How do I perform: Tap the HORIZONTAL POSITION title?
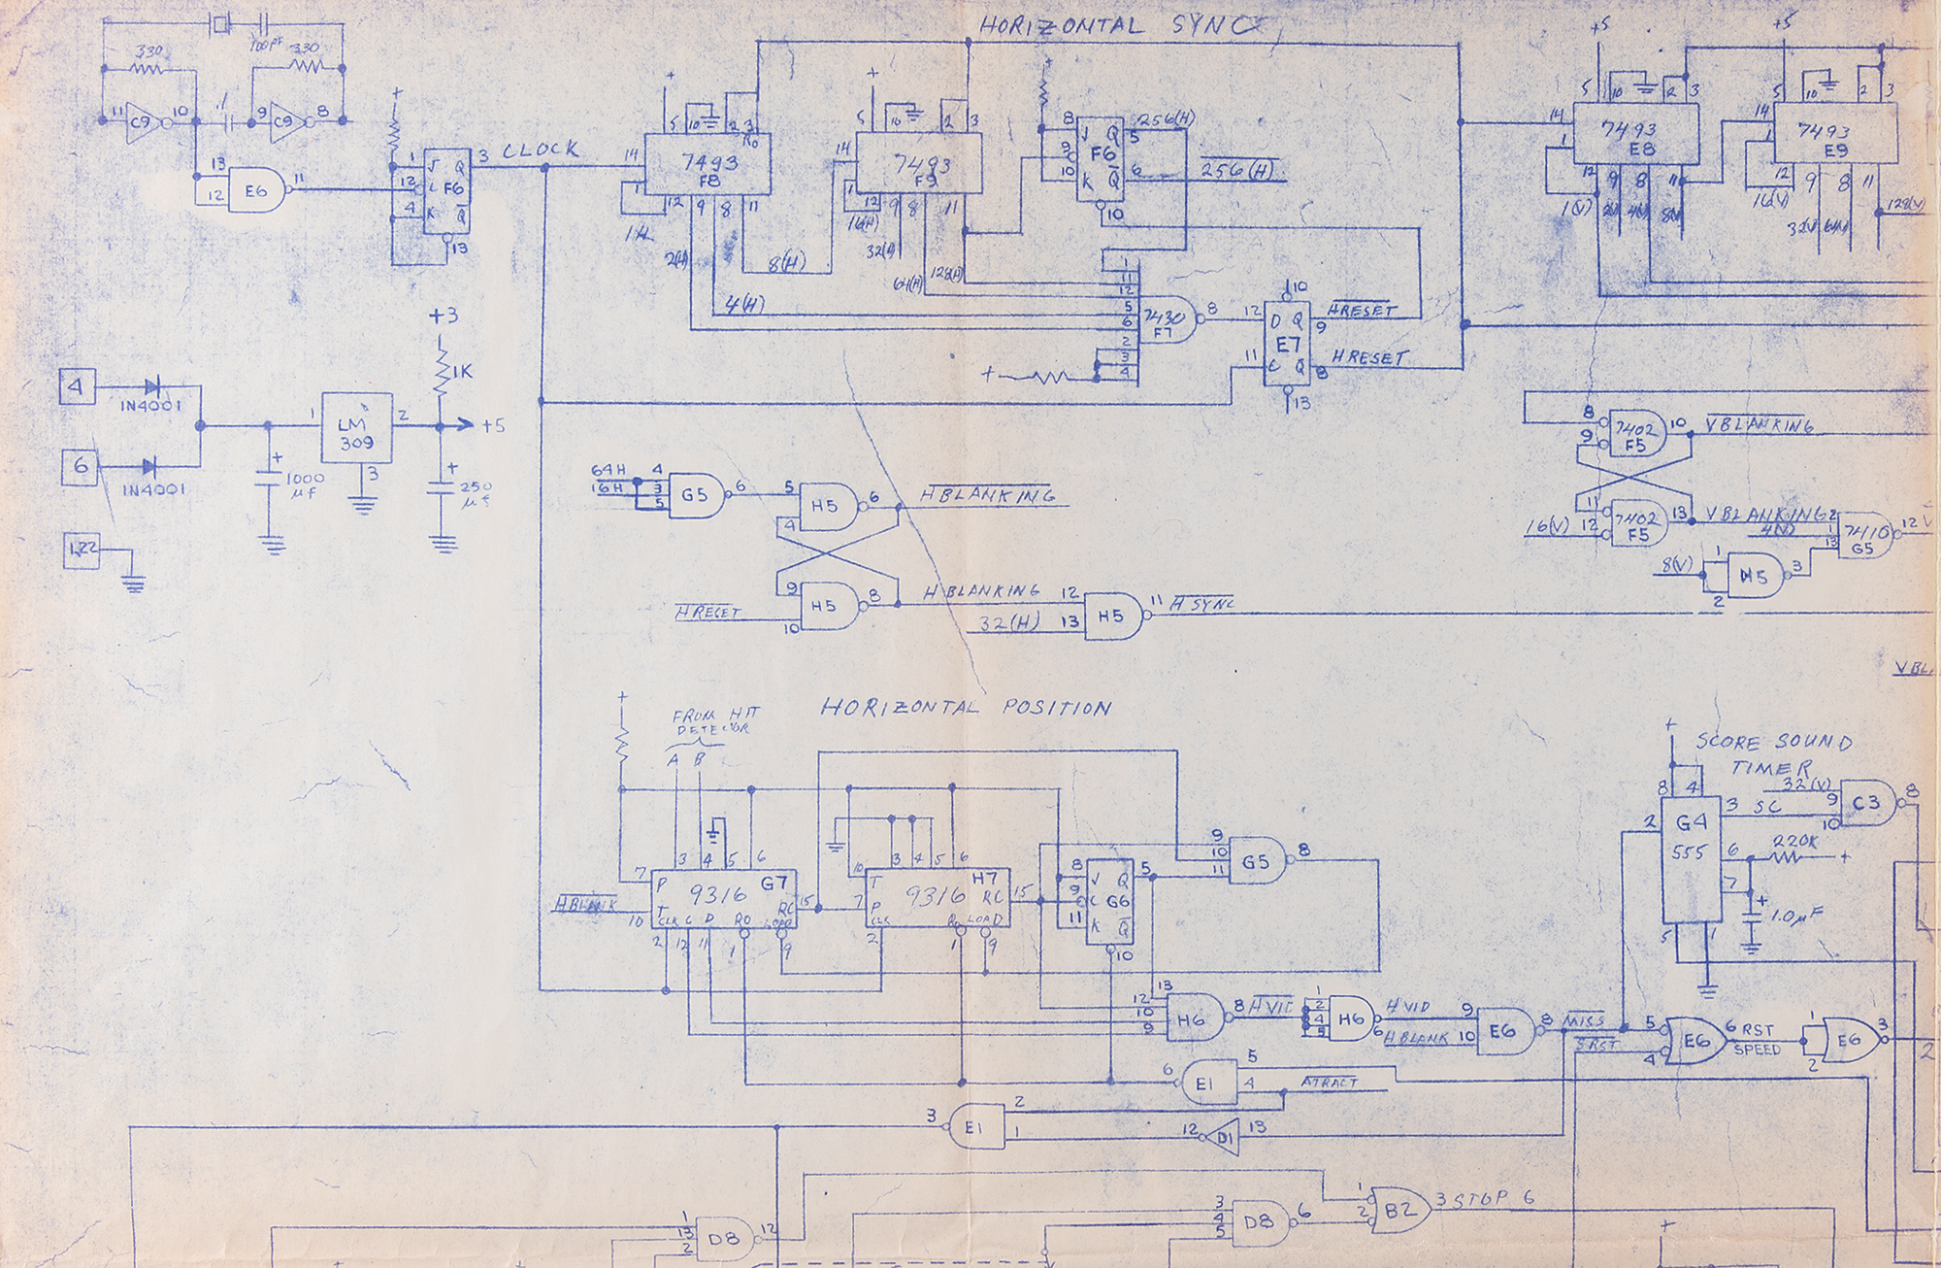click(x=966, y=708)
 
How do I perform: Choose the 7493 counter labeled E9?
click(x=1834, y=136)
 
